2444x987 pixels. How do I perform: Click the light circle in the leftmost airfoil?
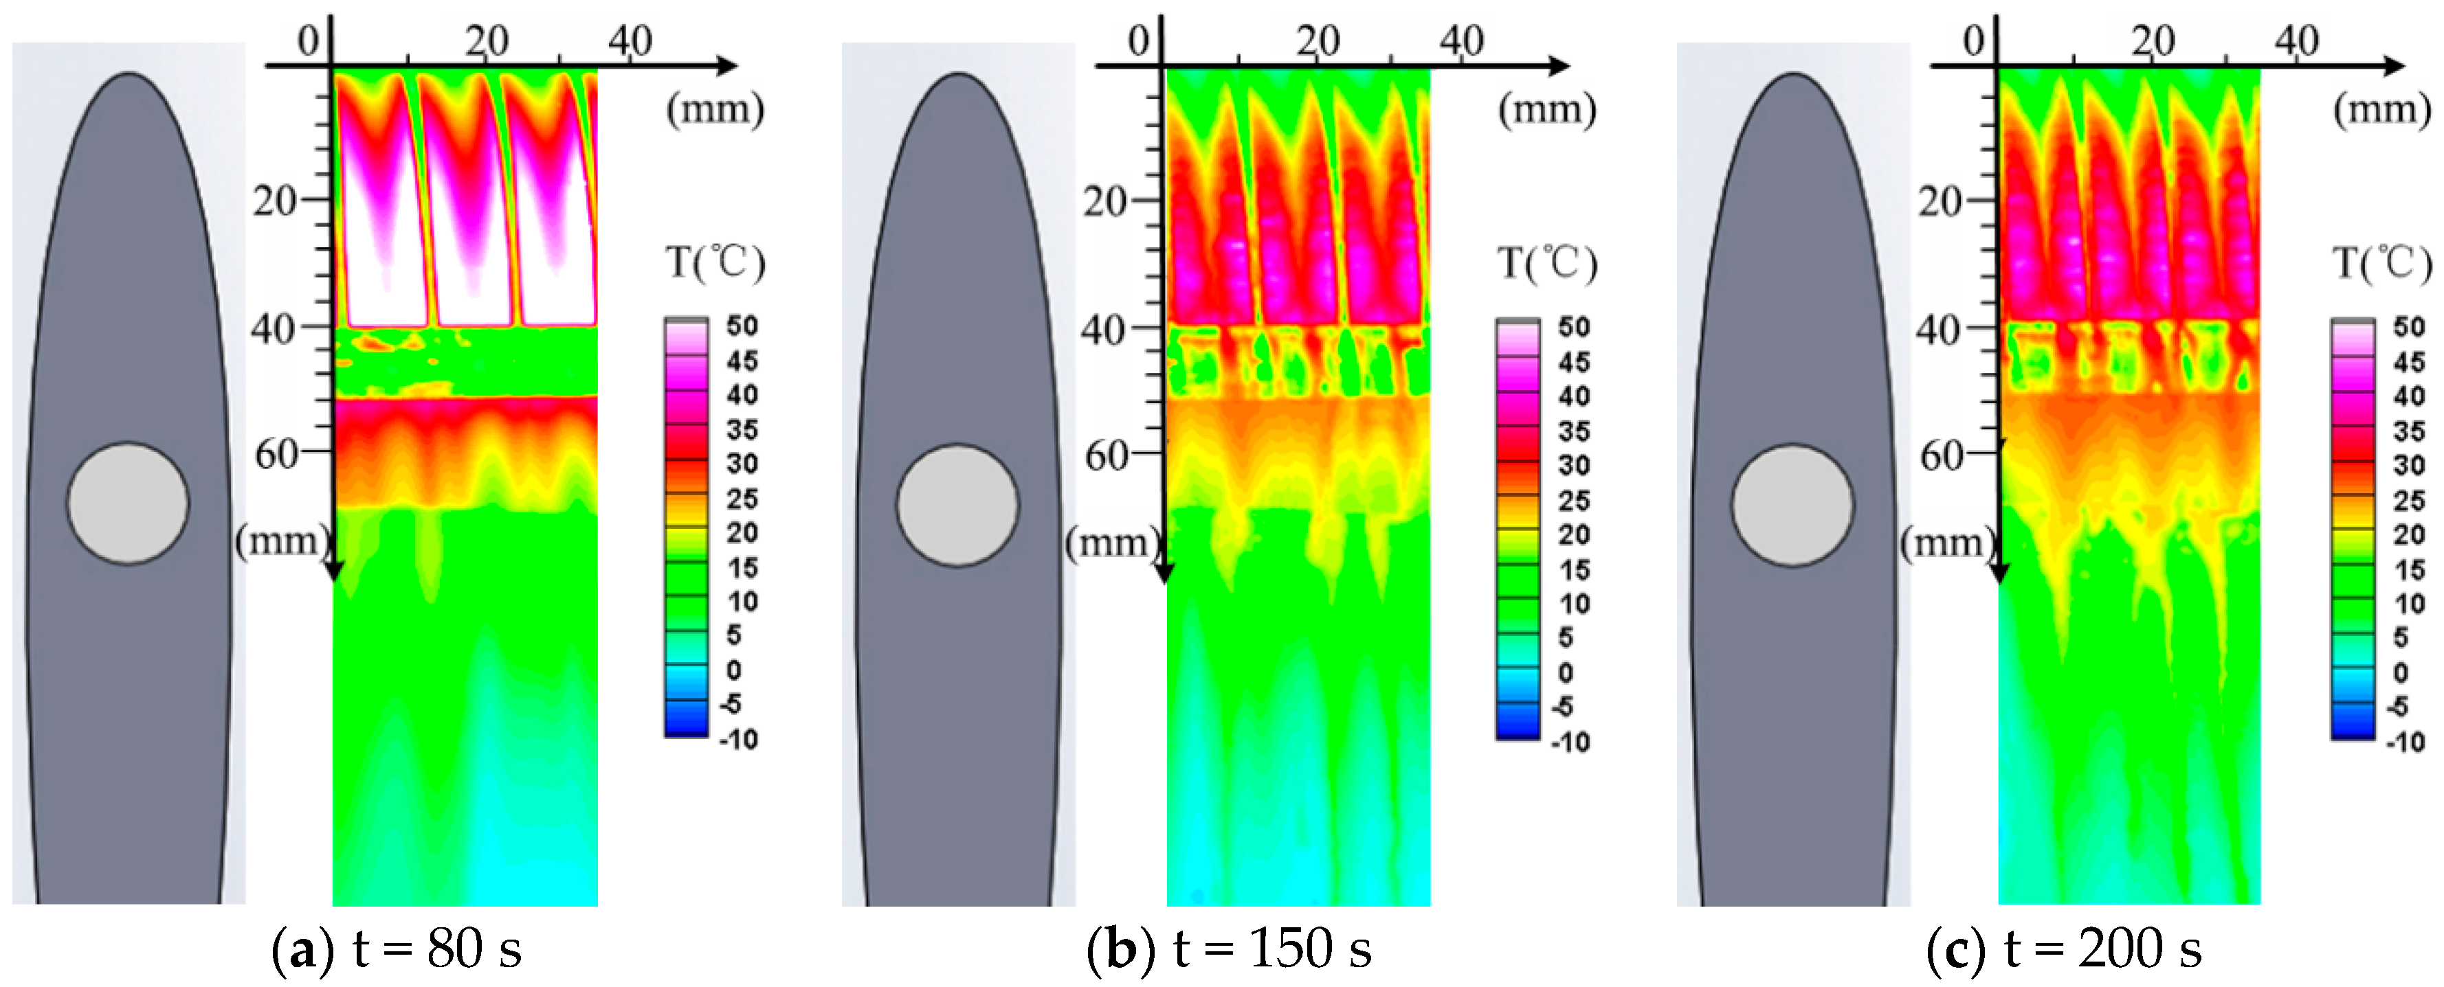(x=127, y=503)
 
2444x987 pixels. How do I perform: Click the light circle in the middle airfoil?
(x=957, y=506)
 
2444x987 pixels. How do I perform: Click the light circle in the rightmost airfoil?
(x=1792, y=506)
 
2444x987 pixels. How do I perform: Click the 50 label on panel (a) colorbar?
(x=743, y=326)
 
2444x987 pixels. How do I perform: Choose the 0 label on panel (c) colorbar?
(x=2400, y=672)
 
